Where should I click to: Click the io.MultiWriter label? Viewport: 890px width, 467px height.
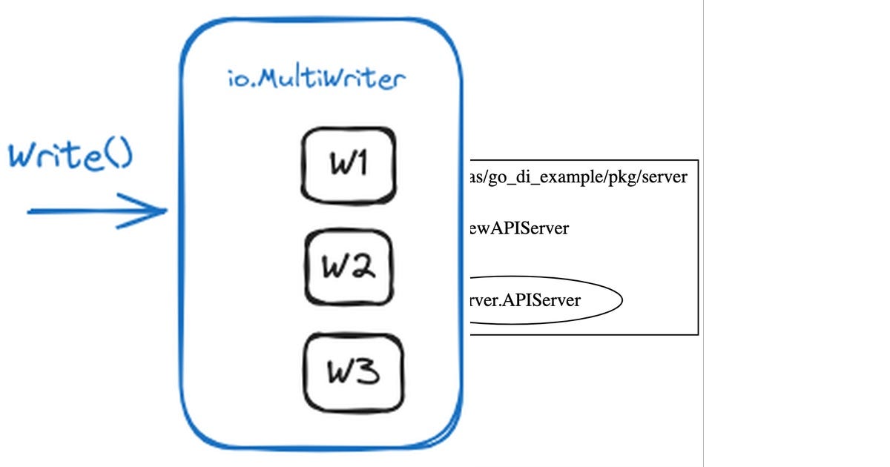click(317, 78)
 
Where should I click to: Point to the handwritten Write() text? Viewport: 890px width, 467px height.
click(70, 156)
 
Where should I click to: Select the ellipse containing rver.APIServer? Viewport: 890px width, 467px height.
click(545, 301)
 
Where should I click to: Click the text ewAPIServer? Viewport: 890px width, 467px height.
click(519, 228)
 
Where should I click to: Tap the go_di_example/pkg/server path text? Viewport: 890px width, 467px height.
click(578, 178)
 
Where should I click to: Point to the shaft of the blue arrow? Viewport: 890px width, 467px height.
click(82, 211)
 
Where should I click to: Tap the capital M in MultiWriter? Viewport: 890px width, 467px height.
click(267, 78)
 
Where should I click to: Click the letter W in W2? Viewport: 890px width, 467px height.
click(334, 268)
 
